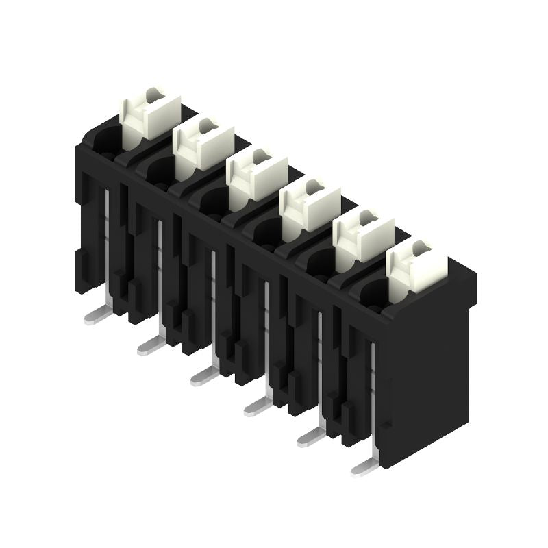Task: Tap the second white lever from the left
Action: click(203, 145)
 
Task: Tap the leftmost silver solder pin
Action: click(97, 315)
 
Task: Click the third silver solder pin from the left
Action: click(204, 375)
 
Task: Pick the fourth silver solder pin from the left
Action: click(258, 407)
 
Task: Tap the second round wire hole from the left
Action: click(160, 171)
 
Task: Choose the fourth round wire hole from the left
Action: click(266, 233)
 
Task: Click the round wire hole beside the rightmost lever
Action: click(373, 293)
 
